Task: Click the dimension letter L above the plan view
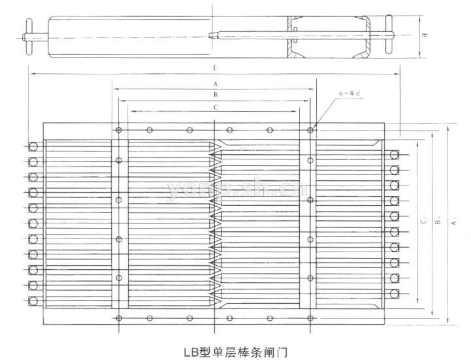click(215, 68)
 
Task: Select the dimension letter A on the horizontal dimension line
click(215, 84)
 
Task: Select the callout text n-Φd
click(350, 94)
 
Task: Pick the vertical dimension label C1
click(424, 222)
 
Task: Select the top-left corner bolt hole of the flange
click(118, 131)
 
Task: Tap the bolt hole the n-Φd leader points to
click(311, 131)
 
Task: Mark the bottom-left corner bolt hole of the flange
click(118, 318)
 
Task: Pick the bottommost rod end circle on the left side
click(33, 300)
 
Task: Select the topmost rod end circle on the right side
click(395, 155)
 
